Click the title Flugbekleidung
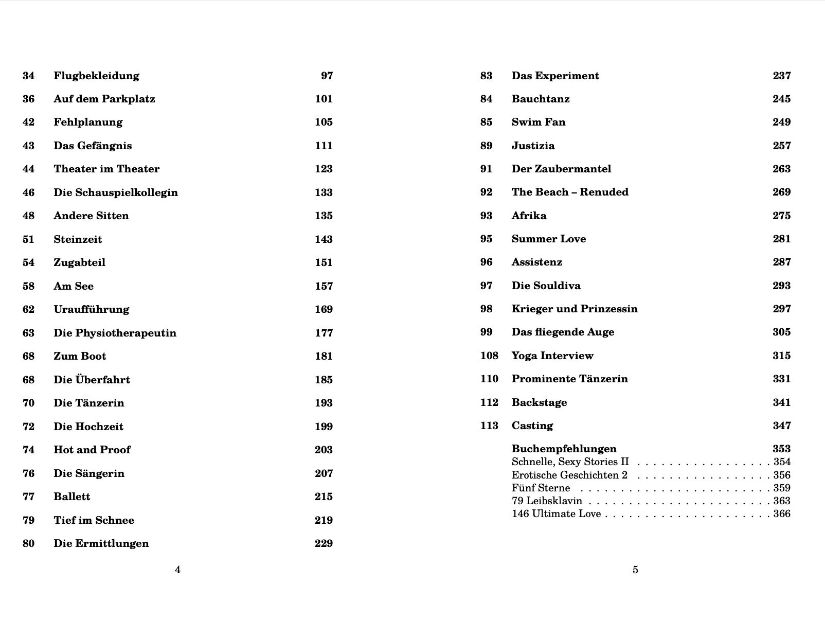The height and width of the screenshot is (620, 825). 96,76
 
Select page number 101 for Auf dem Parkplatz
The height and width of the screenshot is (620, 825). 324,99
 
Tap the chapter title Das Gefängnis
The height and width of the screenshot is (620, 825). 93,146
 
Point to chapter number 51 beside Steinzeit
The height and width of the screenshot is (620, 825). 28,239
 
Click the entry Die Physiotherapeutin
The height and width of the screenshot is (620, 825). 115,333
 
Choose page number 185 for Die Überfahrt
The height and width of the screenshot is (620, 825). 324,380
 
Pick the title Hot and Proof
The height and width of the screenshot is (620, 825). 92,450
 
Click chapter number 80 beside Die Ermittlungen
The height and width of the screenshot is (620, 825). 28,543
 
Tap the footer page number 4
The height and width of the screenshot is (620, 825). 177,570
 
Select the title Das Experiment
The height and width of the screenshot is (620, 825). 555,76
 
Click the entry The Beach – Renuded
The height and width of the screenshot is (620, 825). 570,192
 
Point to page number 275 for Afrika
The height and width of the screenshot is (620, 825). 781,216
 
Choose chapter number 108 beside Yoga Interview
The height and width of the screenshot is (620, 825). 489,356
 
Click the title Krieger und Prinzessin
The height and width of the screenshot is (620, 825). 575,309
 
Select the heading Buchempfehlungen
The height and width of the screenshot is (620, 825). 564,449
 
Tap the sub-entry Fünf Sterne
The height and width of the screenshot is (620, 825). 541,488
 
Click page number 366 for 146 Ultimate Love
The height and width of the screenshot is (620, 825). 782,513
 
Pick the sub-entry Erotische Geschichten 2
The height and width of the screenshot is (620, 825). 569,475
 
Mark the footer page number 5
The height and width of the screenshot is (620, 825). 635,570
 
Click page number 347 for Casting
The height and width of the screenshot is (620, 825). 781,426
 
